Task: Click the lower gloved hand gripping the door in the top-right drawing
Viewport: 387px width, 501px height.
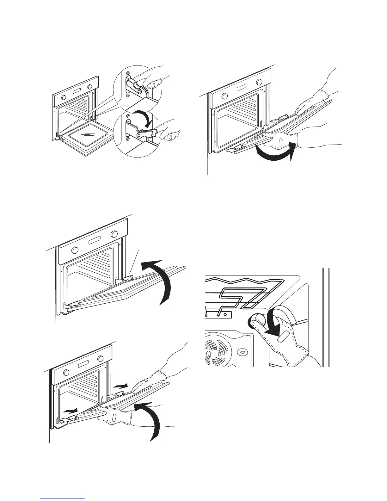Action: point(281,141)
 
